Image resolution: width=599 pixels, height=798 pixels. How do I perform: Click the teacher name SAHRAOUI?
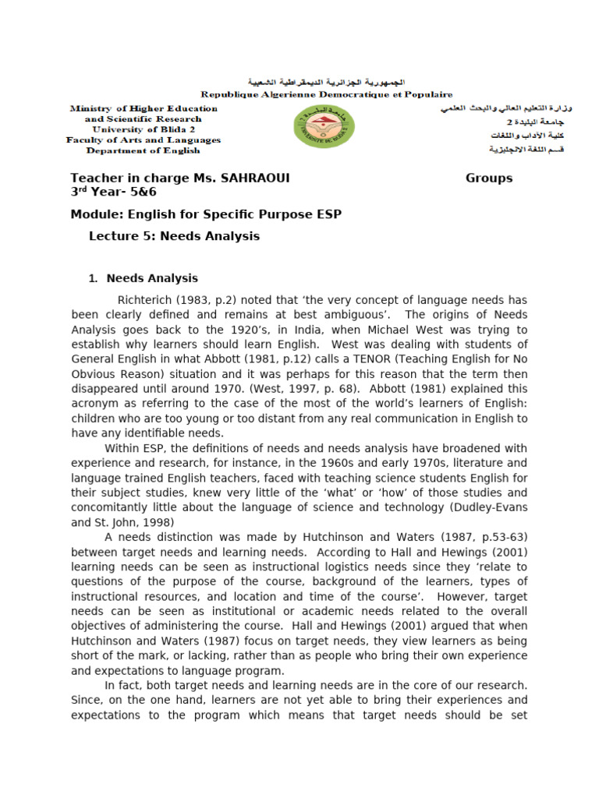[252, 178]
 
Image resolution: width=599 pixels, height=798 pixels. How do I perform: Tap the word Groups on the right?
[489, 178]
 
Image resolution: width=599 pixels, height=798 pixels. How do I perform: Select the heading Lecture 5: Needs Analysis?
[174, 236]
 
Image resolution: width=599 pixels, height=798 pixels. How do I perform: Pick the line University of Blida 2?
[144, 129]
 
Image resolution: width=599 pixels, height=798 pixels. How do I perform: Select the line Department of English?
[144, 150]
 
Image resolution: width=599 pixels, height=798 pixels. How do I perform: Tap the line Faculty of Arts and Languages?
[144, 140]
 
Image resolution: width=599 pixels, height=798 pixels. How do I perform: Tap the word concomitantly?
[119, 507]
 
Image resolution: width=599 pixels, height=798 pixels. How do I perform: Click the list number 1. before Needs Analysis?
[92, 278]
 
